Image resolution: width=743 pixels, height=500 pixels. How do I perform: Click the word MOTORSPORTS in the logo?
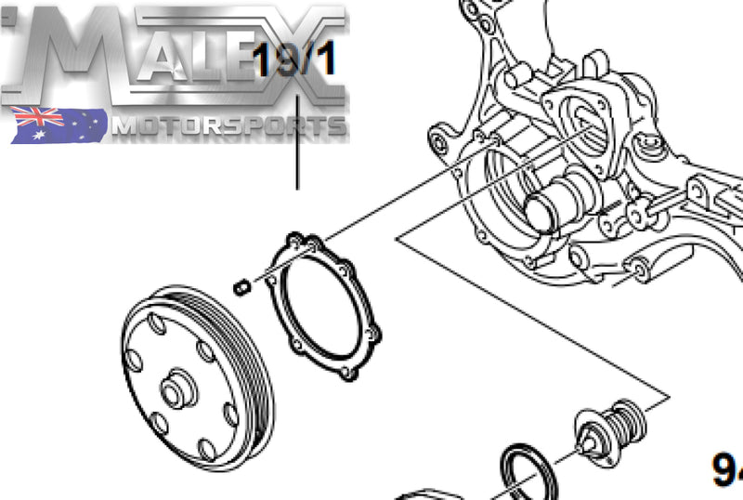tap(228, 125)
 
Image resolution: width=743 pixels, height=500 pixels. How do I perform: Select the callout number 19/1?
tap(295, 61)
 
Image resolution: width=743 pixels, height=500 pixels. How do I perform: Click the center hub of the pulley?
tap(176, 390)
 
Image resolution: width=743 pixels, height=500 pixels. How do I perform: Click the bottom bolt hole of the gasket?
tap(347, 374)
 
